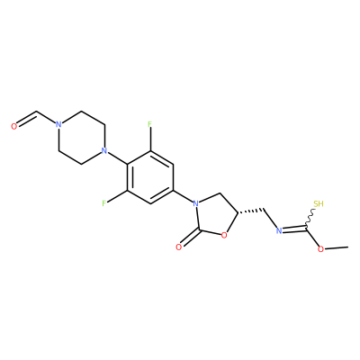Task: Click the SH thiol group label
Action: point(319,204)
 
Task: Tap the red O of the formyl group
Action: point(13,127)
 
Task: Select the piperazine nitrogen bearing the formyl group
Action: point(58,124)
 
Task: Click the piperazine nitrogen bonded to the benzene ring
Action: point(104,150)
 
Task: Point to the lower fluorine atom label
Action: point(104,203)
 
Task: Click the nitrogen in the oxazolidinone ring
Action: point(195,204)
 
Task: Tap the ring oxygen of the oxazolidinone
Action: point(223,236)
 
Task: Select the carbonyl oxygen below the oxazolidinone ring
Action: point(179,247)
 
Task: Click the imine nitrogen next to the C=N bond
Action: point(279,230)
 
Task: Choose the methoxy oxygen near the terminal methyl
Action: point(321,249)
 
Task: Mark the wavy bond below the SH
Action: point(310,219)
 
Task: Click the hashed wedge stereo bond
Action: point(250,211)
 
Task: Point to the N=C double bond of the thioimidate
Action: point(294,229)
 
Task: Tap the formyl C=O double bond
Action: point(27,119)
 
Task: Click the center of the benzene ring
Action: point(150,177)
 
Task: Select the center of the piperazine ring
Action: point(82,138)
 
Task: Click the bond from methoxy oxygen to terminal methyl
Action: point(337,247)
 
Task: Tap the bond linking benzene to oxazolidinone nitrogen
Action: point(183,196)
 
